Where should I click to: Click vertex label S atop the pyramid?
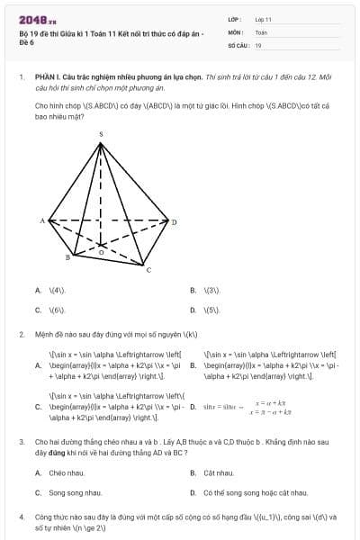point(101,134)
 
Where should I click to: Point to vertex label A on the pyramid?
point(42,220)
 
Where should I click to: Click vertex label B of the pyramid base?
point(67,257)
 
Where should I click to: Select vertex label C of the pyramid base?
point(148,270)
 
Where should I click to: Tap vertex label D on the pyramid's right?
point(175,220)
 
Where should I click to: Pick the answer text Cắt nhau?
point(219,472)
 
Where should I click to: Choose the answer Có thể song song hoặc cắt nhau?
point(256,492)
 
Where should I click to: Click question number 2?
point(21,334)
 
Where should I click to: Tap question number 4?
point(21,517)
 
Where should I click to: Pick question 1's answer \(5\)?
point(212,310)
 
